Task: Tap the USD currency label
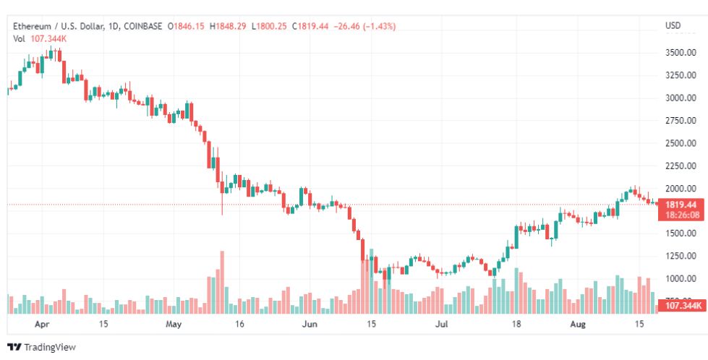[673, 26]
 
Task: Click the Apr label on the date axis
[42, 325]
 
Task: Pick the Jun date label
[309, 325]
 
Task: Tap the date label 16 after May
[240, 325]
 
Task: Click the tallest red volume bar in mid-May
[222, 282]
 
